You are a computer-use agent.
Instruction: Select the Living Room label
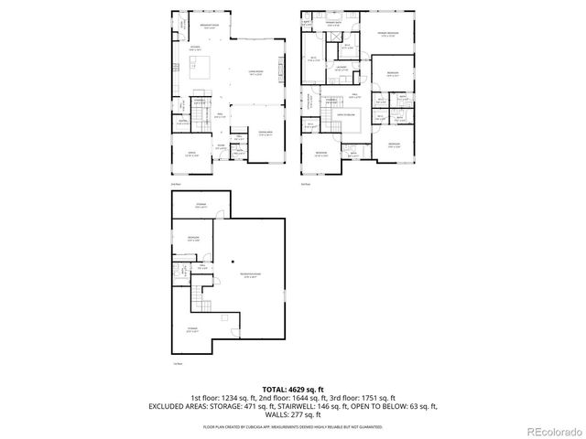[x=257, y=72]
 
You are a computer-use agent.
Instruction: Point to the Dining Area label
[x=266, y=134]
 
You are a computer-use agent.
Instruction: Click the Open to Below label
[x=345, y=116]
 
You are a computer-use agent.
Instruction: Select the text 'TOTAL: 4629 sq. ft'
[x=293, y=390]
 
